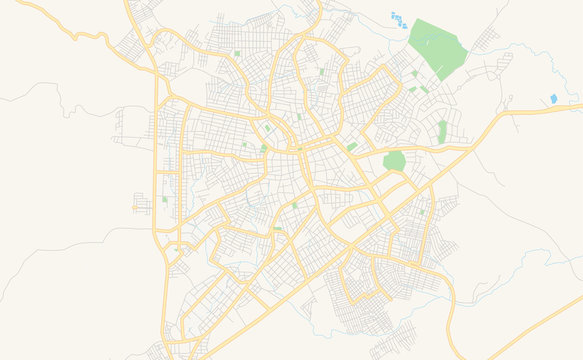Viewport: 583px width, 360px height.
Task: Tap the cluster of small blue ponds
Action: point(399,20)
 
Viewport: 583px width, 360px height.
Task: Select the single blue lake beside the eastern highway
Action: point(554,99)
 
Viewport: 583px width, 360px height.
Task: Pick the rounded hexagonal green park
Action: point(394,161)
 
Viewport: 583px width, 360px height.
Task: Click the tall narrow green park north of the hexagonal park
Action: point(442,131)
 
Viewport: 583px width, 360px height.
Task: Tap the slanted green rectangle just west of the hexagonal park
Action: point(352,147)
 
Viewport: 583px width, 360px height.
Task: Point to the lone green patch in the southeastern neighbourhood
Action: point(422,211)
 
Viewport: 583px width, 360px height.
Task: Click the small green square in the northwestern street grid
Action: point(236,53)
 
